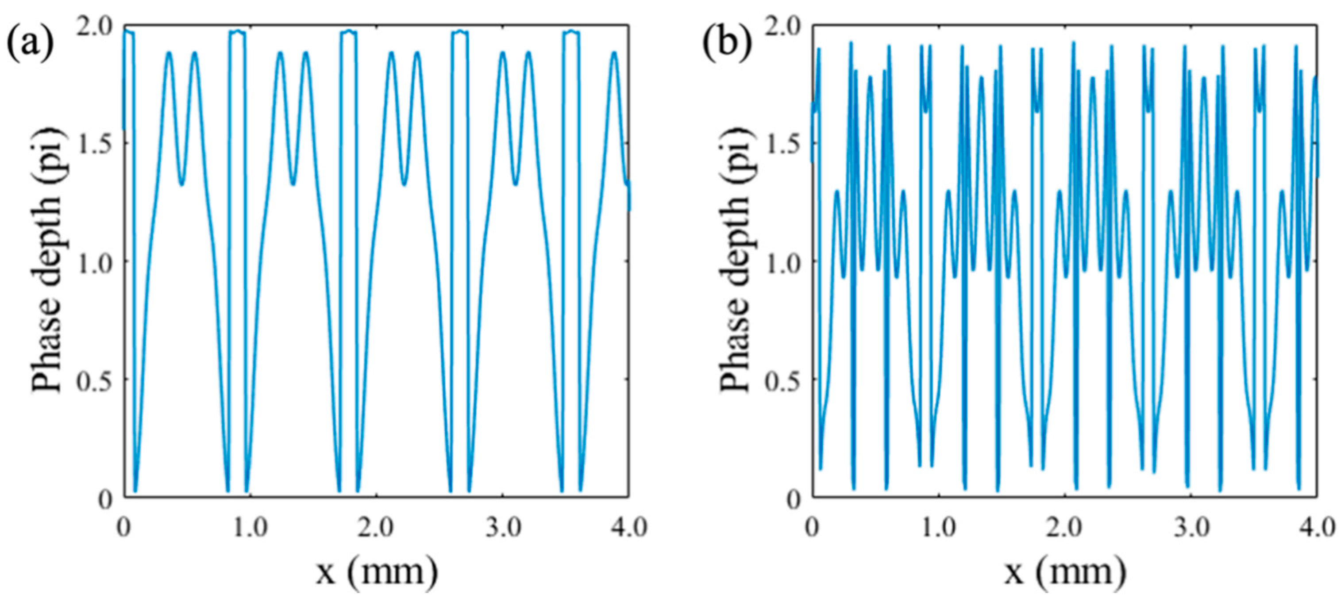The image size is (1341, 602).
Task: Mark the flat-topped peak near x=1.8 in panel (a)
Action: (349, 32)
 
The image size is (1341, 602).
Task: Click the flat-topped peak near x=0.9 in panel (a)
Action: (237, 32)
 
